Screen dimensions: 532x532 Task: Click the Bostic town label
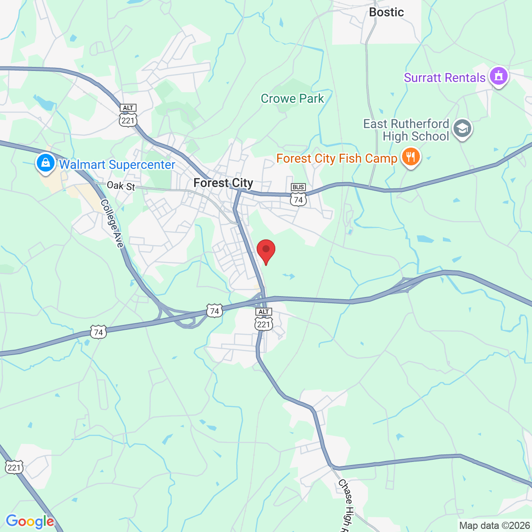point(386,12)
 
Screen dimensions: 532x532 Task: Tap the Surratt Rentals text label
point(444,78)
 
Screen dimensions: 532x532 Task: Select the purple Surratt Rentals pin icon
point(499,76)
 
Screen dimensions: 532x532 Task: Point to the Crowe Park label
point(292,98)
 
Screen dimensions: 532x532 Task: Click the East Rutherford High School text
point(407,130)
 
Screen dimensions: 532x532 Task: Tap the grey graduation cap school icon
point(463,129)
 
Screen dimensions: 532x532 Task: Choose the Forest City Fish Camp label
point(336,158)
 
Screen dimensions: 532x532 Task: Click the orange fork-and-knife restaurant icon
point(411,157)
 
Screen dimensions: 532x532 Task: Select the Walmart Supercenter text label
point(117,164)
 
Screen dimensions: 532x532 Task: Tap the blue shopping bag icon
point(45,163)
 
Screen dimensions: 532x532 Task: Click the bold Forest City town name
point(223,183)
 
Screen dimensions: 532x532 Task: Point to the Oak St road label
point(121,186)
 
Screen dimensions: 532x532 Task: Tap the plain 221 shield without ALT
point(14,467)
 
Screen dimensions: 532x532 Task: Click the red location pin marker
point(266,251)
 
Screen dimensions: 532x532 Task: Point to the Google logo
point(30,521)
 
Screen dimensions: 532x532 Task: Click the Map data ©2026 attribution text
point(494,526)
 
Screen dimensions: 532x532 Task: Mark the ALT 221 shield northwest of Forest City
point(128,116)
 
